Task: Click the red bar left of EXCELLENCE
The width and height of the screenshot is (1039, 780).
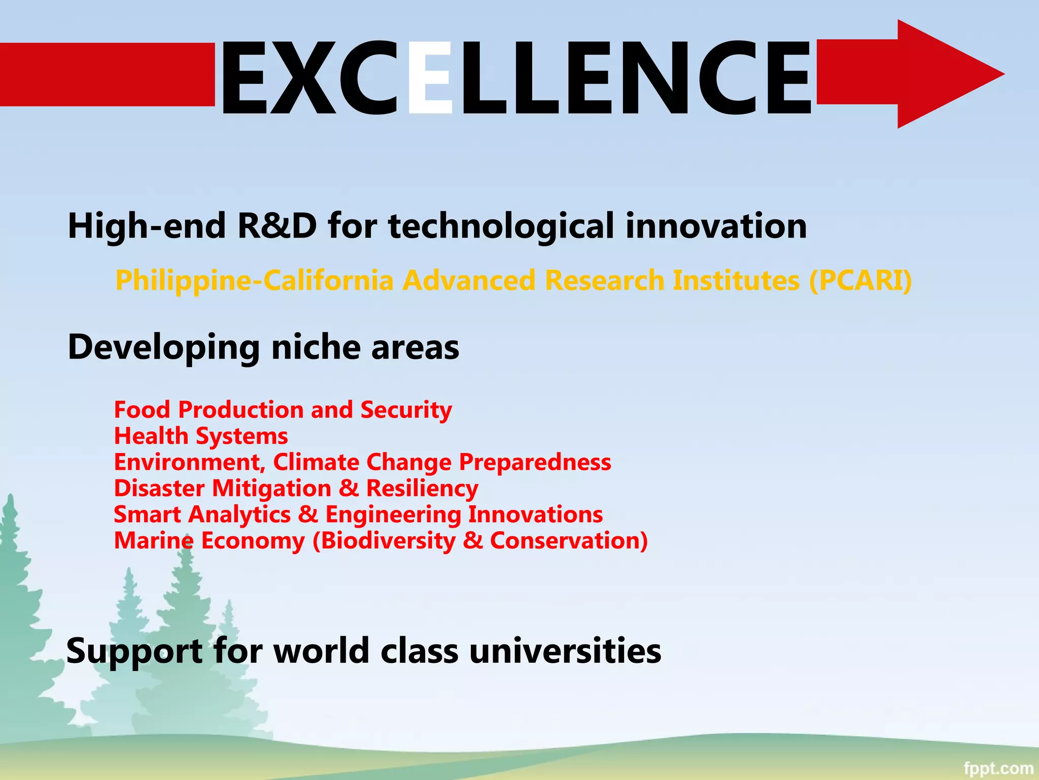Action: (107, 75)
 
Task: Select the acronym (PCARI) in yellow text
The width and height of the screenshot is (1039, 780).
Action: (860, 280)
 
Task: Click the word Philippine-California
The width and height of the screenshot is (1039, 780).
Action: (254, 281)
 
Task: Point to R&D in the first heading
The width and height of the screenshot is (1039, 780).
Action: (277, 225)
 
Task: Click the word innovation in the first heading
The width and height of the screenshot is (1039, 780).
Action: (716, 225)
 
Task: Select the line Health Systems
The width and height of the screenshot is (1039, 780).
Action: (201, 436)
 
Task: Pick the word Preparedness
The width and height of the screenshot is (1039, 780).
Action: (535, 463)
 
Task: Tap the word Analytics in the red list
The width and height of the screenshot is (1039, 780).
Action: (239, 515)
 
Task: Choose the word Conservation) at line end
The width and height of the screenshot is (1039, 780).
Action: (569, 541)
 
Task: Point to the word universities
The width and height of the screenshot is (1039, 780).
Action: (565, 651)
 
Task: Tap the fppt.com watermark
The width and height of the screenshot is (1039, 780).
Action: (998, 768)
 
